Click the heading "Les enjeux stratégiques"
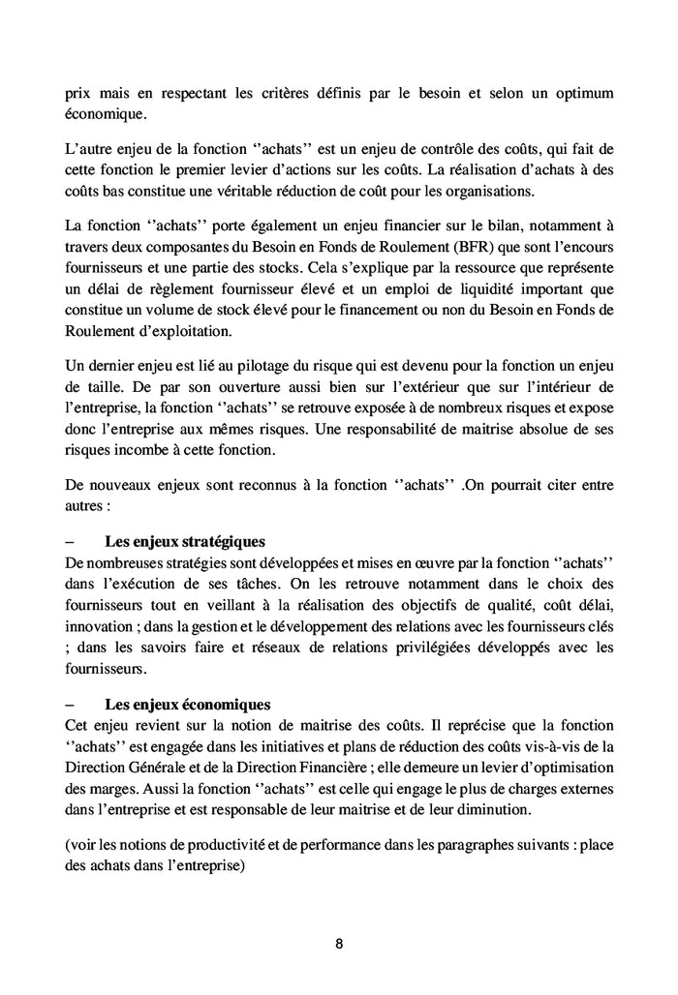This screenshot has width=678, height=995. tap(184, 541)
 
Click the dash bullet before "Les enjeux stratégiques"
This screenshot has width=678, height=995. tap(70, 541)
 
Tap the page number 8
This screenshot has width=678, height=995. tap(339, 944)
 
